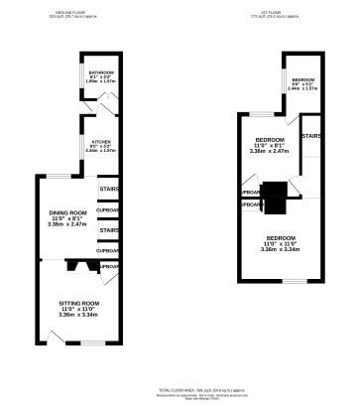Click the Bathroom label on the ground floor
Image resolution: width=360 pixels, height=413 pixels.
[x=102, y=72]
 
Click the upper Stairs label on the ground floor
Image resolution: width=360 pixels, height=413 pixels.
[x=108, y=189]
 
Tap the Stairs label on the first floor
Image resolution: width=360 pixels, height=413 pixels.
[x=310, y=136]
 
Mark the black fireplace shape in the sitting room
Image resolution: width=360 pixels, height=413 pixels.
[x=76, y=266]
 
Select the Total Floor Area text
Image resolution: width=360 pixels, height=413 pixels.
[x=180, y=392]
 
